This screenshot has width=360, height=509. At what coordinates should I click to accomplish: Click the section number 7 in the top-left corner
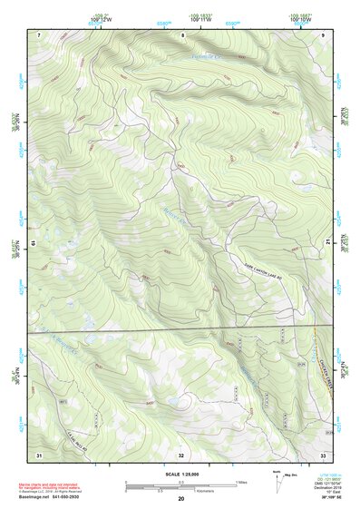pos(39,34)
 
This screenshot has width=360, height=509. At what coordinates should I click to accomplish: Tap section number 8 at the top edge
pos(182,34)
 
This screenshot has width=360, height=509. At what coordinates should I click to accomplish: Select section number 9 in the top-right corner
pos(323,34)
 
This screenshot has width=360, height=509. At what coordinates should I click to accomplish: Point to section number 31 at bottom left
pos(39,454)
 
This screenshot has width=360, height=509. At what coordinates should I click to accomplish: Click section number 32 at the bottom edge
pos(181,454)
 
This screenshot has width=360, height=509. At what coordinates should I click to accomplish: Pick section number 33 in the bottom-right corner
pos(323,454)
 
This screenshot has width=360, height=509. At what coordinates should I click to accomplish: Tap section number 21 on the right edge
pos(327,242)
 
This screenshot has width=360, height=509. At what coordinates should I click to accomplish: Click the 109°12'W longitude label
pos(100,19)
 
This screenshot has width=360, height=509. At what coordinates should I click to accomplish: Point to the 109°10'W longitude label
pos(302,19)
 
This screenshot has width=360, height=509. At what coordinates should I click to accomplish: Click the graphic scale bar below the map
pos(180,486)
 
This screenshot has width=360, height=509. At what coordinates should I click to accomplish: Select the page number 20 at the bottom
pos(180,500)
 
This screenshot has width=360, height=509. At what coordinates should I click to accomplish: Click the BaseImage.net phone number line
pos(62,499)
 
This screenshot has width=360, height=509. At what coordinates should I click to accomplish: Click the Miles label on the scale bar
pos(242,482)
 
